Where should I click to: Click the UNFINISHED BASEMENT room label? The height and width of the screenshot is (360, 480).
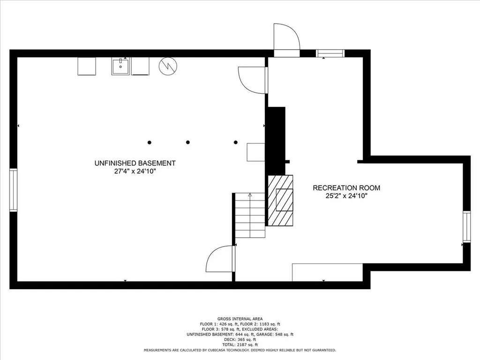click(135, 163)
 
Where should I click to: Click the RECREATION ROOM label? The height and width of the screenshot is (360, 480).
click(346, 187)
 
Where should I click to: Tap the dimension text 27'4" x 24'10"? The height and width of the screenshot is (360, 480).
click(135, 172)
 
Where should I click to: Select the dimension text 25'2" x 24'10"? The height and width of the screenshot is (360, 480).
click(346, 196)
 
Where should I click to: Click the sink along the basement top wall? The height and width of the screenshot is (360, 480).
click(120, 66)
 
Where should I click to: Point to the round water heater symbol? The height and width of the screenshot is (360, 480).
click(168, 66)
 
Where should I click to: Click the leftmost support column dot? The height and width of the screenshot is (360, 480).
click(150, 142)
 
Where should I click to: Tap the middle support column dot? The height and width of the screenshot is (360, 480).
click(188, 142)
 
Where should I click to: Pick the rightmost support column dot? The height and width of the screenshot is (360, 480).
click(236, 142)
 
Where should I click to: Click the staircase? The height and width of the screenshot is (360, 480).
click(250, 216)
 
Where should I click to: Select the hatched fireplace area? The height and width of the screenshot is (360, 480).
click(280, 201)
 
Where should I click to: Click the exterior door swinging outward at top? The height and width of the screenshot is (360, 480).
click(286, 40)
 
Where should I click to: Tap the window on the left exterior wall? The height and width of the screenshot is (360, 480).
click(13, 190)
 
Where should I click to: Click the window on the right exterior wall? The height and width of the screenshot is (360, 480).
click(466, 226)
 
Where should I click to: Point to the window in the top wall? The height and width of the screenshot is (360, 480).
click(330, 53)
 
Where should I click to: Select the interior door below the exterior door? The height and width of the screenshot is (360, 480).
click(253, 80)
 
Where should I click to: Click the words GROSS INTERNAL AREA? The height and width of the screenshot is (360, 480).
click(240, 319)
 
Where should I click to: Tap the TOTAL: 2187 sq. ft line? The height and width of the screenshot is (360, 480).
click(240, 345)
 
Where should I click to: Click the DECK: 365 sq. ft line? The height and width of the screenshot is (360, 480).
click(240, 339)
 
